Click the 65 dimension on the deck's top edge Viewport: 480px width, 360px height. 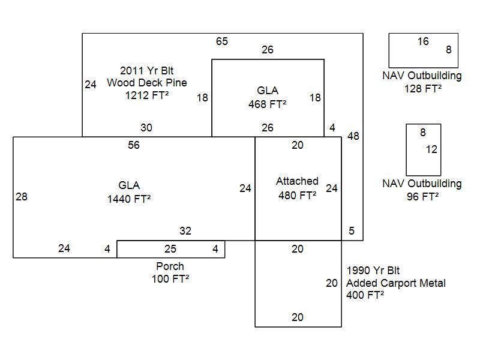click(222, 41)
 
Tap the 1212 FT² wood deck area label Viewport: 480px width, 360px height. click(146, 95)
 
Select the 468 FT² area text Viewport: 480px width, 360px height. click(267, 104)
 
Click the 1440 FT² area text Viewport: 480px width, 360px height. click(129, 199)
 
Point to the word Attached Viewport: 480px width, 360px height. click(297, 181)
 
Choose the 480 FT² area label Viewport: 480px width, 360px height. click(297, 195)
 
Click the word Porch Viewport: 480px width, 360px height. click(170, 266)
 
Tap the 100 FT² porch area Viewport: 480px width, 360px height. click(170, 279)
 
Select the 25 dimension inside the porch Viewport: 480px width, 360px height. click(170, 248)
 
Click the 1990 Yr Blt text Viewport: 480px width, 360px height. click(373, 271)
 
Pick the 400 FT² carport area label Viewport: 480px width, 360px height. click(365, 295)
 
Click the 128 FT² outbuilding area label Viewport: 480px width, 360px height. click(423, 88)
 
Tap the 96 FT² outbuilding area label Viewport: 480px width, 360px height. click(422, 196)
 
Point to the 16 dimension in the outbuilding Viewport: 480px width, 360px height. click(423, 41)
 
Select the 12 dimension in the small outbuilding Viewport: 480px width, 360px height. click(431, 149)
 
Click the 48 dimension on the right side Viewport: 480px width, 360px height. click(353, 136)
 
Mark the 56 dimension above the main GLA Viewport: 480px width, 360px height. click(134, 145)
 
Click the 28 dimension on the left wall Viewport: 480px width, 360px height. click(22, 196)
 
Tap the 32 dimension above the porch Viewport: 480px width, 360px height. click(185, 231)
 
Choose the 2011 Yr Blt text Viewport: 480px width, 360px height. click(146, 70)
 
